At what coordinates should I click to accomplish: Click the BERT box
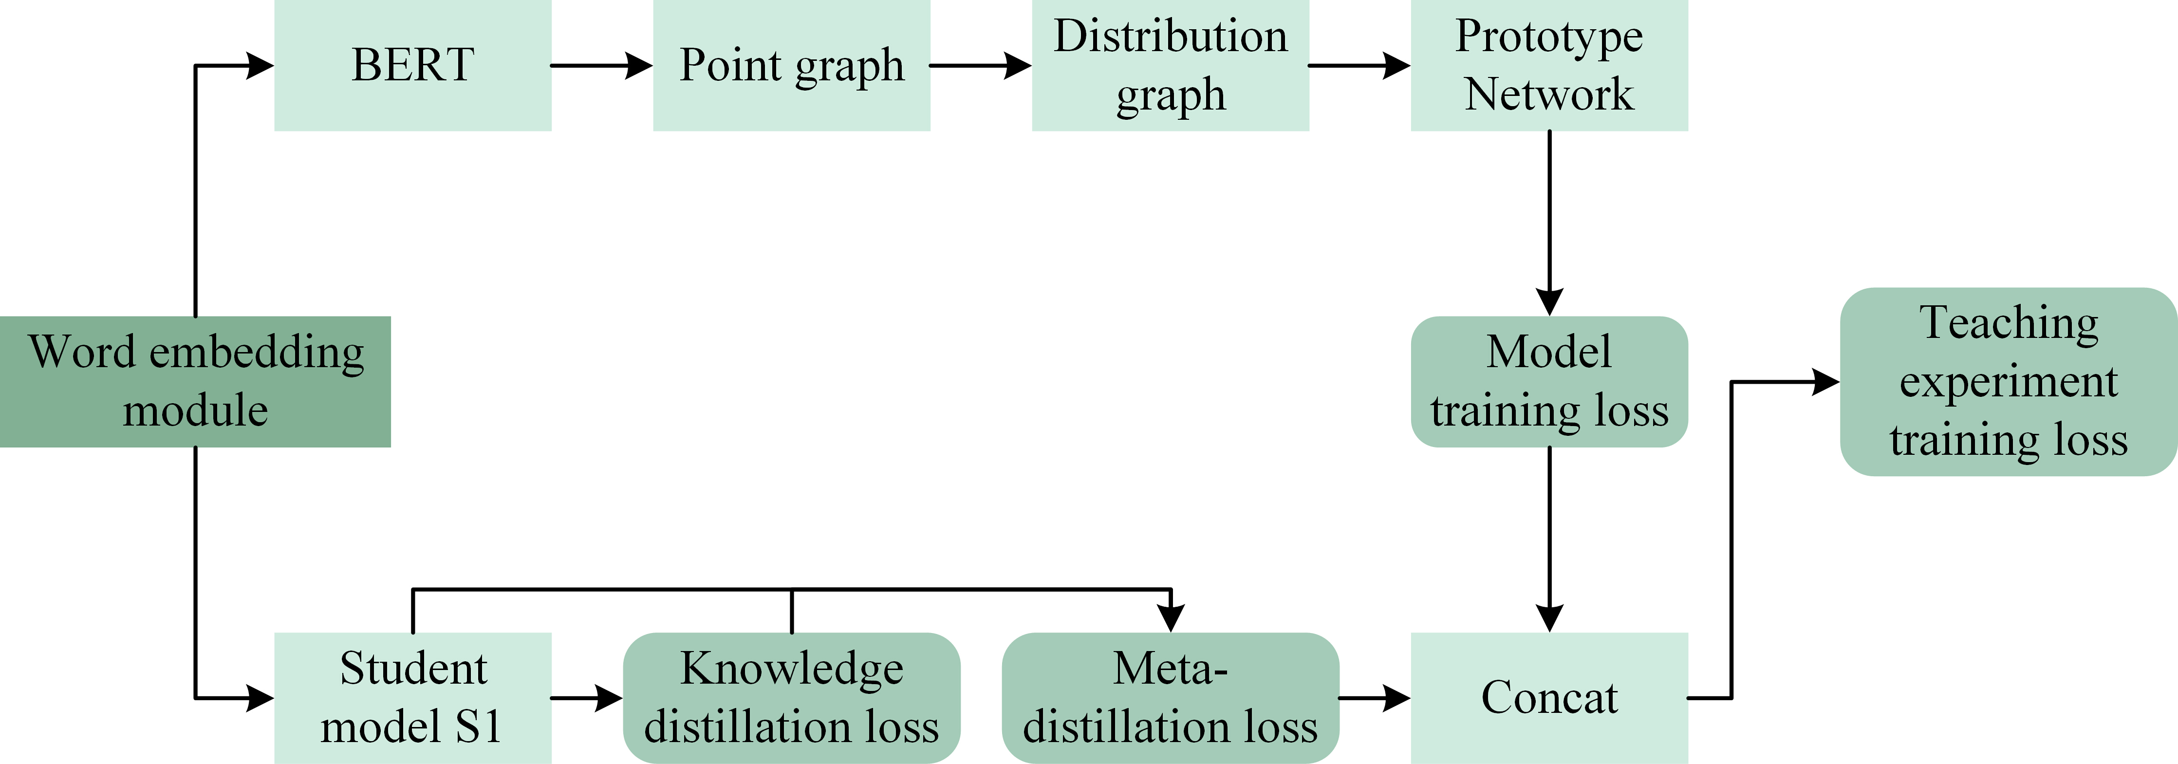pos(412,65)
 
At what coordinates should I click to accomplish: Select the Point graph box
pos(791,65)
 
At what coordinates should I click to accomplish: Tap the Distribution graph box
pos(1170,65)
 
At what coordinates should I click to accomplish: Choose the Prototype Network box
pos(1549,65)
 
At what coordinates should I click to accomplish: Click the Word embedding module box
pos(195,381)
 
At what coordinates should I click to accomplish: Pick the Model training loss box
pos(1549,381)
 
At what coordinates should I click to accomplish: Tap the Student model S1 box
pos(412,698)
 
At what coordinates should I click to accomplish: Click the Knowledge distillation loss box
pos(791,698)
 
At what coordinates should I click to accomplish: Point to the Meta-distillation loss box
pos(1170,698)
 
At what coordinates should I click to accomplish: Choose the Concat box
pos(1549,698)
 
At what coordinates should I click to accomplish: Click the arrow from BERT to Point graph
pos(602,65)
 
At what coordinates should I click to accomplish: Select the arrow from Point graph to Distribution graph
pos(981,65)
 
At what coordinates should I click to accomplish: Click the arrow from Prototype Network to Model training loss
pos(1549,223)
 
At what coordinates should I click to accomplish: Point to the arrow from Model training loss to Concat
pos(1549,539)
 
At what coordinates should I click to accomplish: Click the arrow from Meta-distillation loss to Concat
pos(1375,698)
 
